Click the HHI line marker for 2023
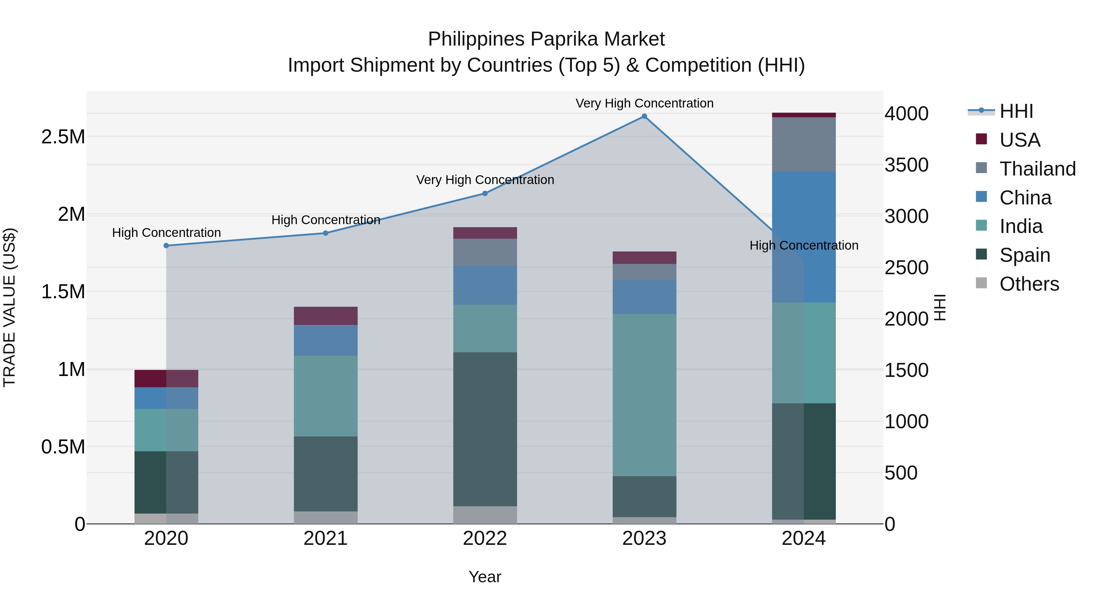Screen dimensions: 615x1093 point(644,116)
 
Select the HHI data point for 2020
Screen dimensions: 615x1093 point(166,246)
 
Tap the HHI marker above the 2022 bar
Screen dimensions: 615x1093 point(485,193)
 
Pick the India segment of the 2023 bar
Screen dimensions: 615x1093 point(644,395)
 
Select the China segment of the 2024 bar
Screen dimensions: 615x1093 point(804,237)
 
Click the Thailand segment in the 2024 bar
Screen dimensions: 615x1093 point(804,144)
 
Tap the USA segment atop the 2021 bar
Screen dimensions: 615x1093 point(325,316)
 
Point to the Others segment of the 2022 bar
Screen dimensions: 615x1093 point(485,515)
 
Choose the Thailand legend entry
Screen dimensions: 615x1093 point(1037,169)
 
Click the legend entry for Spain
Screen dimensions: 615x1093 point(1025,255)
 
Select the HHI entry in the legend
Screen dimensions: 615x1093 point(1016,111)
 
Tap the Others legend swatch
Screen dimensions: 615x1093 point(981,283)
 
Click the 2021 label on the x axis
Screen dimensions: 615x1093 point(325,538)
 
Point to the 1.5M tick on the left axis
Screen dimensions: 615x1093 point(63,292)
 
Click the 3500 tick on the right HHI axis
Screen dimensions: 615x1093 point(906,165)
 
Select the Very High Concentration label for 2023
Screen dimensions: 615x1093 point(644,103)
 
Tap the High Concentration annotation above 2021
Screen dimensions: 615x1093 point(325,220)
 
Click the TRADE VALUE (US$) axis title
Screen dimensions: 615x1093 point(9,307)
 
